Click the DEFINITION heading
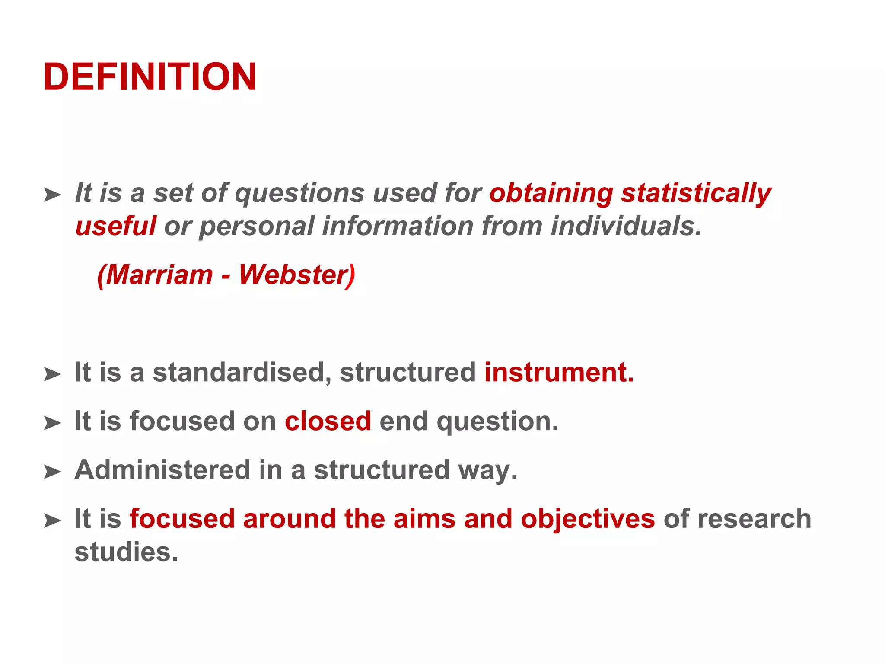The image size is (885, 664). (150, 77)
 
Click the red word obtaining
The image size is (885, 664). (551, 193)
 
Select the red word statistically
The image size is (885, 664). (696, 193)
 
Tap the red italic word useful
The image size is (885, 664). (115, 226)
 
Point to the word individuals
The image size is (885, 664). (626, 226)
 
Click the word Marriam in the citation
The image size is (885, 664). (159, 275)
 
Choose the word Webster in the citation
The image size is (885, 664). (294, 275)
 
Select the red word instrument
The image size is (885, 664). (558, 372)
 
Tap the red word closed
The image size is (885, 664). (328, 421)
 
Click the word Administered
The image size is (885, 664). (162, 470)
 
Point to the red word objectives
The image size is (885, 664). (588, 519)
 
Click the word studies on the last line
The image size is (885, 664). (126, 552)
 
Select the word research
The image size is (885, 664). (754, 519)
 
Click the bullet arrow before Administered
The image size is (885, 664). (52, 472)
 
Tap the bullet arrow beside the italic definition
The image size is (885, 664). (52, 195)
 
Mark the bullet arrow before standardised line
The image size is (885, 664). (52, 374)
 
